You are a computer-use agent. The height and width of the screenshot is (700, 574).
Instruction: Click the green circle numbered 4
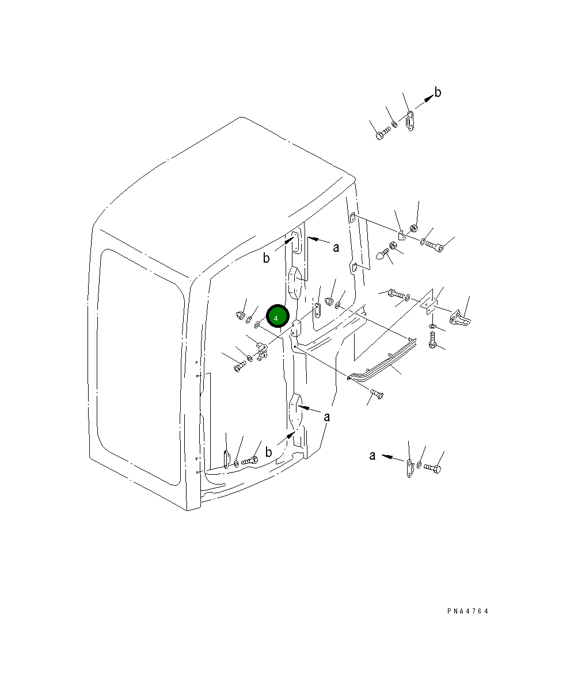(x=278, y=316)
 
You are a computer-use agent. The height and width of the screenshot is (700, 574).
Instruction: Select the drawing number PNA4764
(x=468, y=611)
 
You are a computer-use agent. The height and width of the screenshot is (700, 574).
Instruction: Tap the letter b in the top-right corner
(x=438, y=92)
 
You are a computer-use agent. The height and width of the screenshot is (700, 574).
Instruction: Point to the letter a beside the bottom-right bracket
(x=372, y=455)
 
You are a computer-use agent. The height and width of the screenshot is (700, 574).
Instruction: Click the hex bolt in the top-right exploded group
(x=383, y=134)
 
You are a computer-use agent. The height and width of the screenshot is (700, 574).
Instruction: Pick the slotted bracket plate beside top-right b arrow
(x=410, y=121)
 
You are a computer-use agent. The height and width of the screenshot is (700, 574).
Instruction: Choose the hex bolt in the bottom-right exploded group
(x=433, y=468)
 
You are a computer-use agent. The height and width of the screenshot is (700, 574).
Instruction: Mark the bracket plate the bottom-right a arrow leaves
(x=410, y=468)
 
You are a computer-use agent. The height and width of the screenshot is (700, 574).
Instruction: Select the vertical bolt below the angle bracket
(x=432, y=340)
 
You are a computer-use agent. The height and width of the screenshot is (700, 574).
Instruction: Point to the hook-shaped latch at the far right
(x=460, y=317)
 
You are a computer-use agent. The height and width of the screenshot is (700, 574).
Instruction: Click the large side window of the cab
(x=141, y=368)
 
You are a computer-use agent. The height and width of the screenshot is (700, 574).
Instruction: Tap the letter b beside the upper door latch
(x=267, y=258)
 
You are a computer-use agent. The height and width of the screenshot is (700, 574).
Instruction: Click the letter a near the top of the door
(x=336, y=248)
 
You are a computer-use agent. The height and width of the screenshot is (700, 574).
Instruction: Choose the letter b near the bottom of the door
(x=269, y=452)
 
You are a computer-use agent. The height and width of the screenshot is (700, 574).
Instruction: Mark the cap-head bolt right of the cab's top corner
(x=434, y=246)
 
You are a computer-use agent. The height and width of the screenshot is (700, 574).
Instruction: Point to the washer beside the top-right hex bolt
(x=394, y=124)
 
